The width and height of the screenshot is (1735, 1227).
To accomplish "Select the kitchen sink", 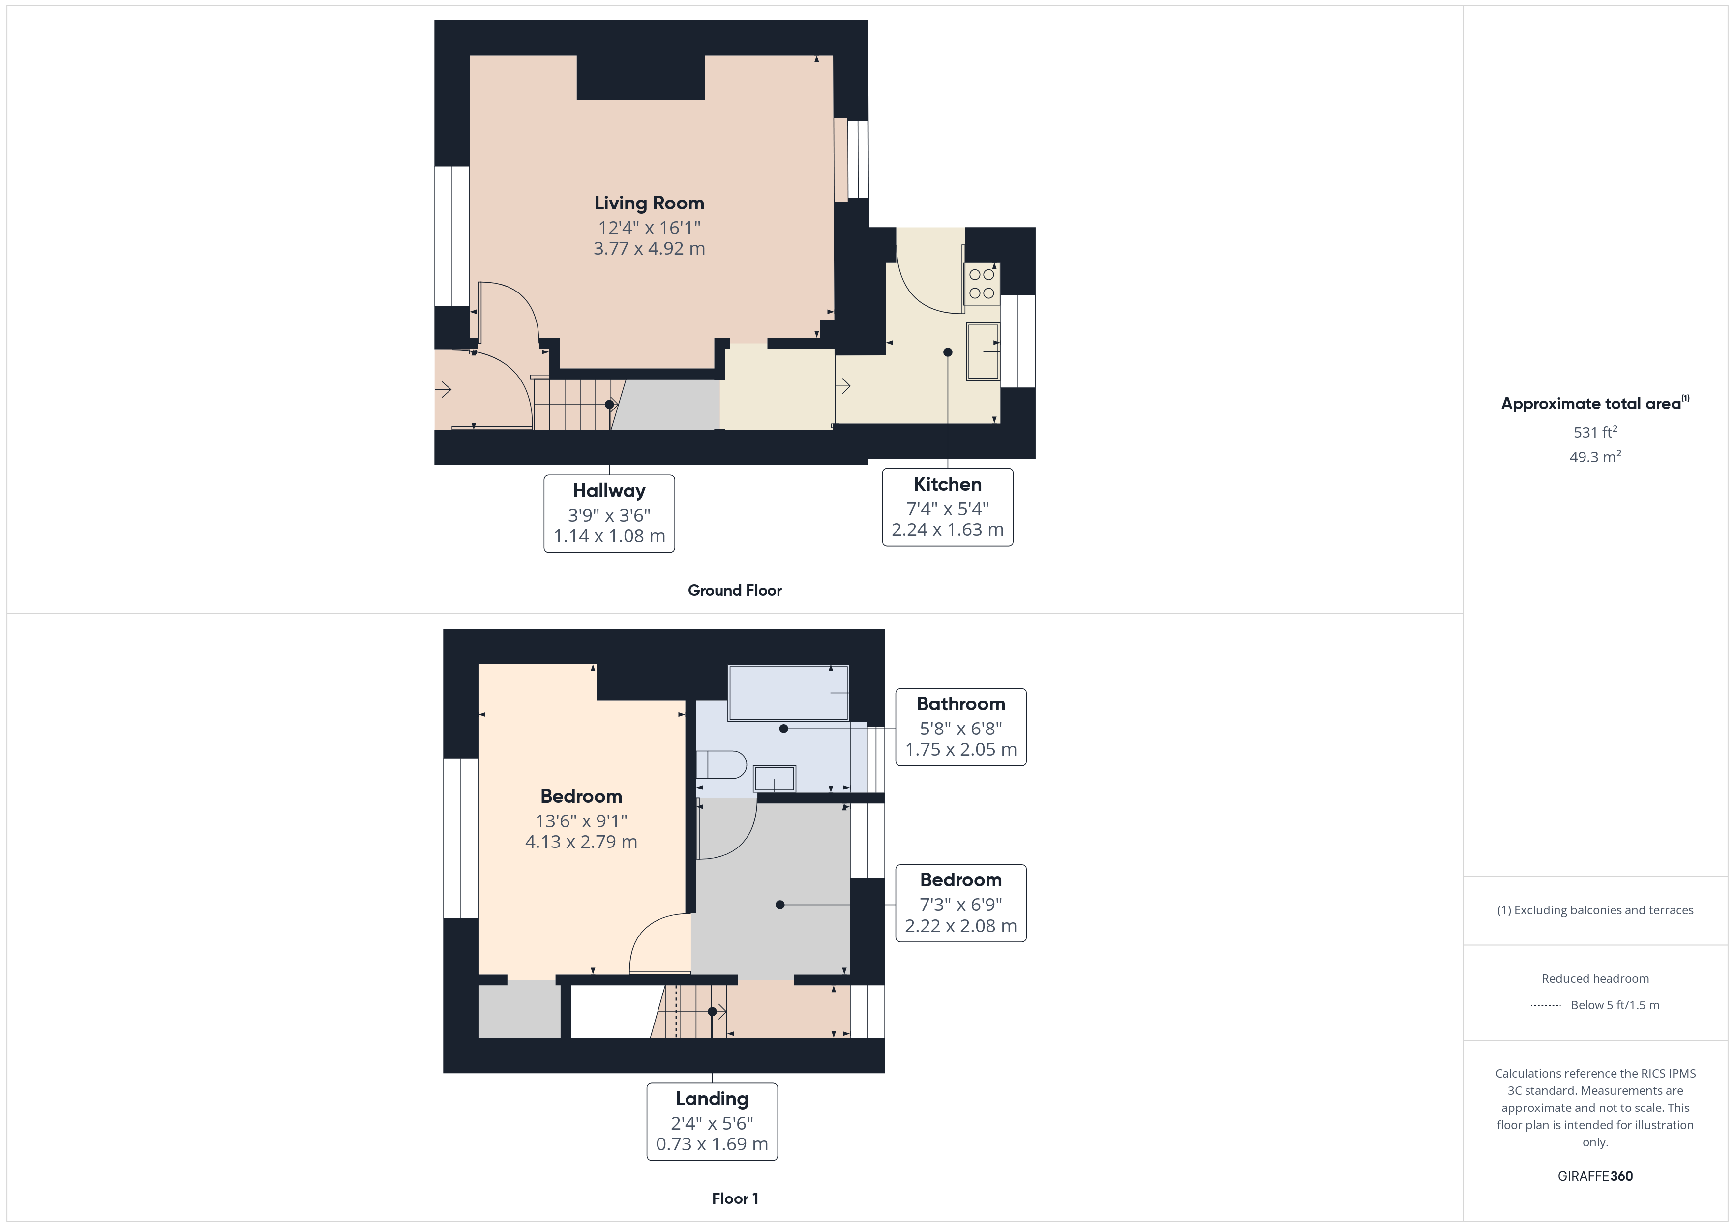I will coord(983,351).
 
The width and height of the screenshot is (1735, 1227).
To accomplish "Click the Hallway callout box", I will coord(609,513).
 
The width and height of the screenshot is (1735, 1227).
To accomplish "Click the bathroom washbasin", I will coord(775,778).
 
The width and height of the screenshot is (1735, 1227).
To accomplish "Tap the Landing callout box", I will coord(711,1121).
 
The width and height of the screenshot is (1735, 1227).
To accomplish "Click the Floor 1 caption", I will coord(735,1198).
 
